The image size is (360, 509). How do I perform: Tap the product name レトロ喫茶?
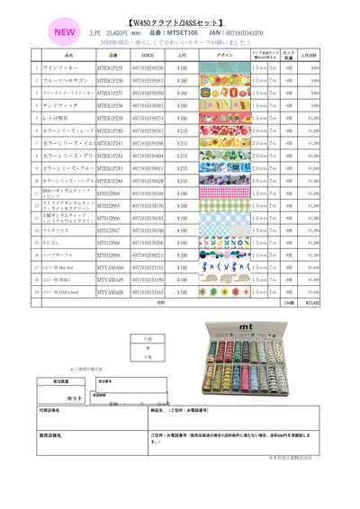point(56,118)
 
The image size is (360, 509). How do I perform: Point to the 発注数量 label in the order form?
point(60,381)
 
